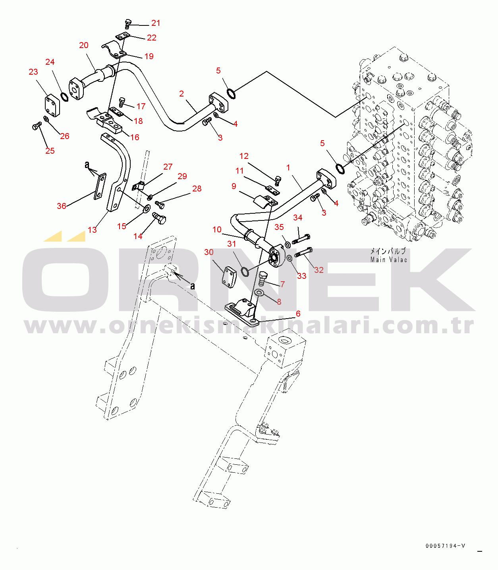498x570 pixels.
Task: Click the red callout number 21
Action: click(x=156, y=23)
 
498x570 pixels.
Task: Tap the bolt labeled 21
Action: click(x=128, y=24)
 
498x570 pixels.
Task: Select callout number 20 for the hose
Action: click(x=83, y=45)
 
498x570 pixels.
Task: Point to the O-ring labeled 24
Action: click(x=64, y=97)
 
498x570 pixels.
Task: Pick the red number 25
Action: click(x=50, y=151)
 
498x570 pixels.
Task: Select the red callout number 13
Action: click(x=92, y=230)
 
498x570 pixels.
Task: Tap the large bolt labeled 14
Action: click(x=159, y=218)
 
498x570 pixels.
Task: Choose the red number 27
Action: click(x=168, y=166)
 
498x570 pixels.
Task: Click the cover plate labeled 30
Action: click(x=229, y=277)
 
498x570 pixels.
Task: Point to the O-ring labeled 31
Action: click(x=245, y=271)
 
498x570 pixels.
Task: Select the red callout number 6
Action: click(x=298, y=314)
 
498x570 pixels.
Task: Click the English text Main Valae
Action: click(x=388, y=260)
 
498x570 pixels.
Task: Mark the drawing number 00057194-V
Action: click(x=445, y=546)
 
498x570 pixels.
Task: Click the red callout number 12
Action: click(x=244, y=156)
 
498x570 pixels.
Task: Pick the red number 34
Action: click(x=297, y=218)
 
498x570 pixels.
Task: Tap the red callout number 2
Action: click(x=181, y=94)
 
